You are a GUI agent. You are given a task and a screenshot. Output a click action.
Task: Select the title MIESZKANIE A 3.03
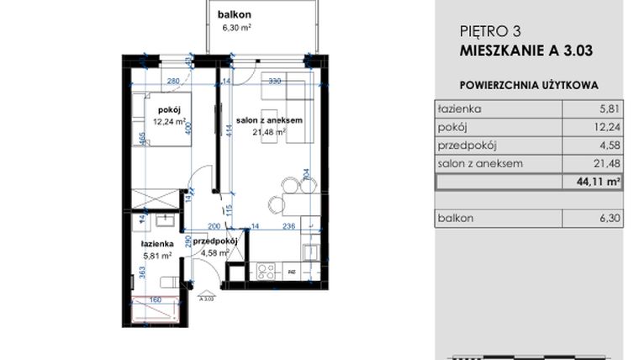[526, 50]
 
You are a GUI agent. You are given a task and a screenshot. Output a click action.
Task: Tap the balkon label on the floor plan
[235, 15]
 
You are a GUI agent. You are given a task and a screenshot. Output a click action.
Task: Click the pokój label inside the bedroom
[169, 109]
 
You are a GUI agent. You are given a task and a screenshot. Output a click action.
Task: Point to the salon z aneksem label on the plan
[269, 120]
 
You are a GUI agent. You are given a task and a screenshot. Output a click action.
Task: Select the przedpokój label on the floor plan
[215, 241]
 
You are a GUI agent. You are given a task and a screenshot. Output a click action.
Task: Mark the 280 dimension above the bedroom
[174, 82]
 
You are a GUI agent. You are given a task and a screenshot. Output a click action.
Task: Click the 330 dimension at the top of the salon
[274, 82]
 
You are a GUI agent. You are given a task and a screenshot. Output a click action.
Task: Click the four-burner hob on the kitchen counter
[267, 271]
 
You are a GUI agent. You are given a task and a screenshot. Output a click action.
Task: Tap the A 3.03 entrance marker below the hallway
[205, 296]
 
